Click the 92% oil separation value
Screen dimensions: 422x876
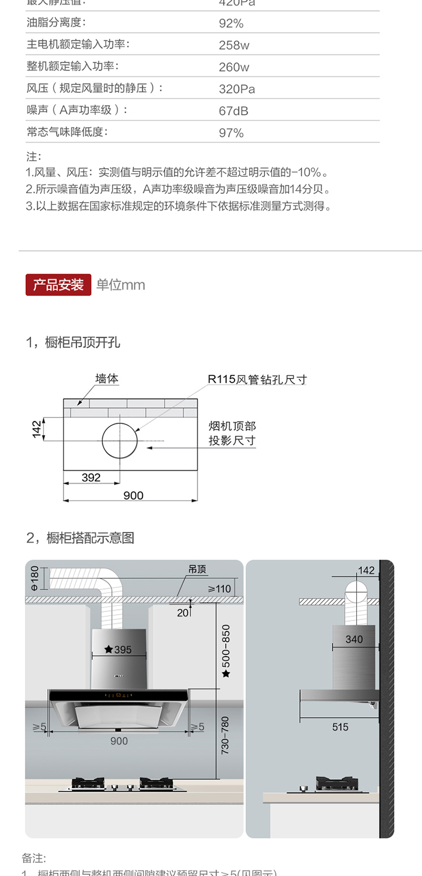231,24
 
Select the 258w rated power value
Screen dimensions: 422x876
234,46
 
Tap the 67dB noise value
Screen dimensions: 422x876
233,111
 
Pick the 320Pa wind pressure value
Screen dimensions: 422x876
236,89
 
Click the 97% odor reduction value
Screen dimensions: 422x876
231,133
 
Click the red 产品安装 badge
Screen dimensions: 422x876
58,285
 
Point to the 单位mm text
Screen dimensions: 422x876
120,285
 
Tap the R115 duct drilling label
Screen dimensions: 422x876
257,379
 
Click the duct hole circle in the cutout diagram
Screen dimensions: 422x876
120,440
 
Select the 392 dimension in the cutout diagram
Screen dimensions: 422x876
91,477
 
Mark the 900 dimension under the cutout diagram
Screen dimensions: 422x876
133,495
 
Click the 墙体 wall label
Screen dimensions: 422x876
107,379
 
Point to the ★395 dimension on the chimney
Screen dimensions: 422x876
118,650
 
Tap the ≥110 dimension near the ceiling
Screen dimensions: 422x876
219,589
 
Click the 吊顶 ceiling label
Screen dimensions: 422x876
197,569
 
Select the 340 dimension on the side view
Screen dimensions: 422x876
354,639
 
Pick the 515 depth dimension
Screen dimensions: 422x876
340,727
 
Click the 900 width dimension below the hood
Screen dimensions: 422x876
119,741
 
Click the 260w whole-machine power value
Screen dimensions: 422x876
234,68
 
